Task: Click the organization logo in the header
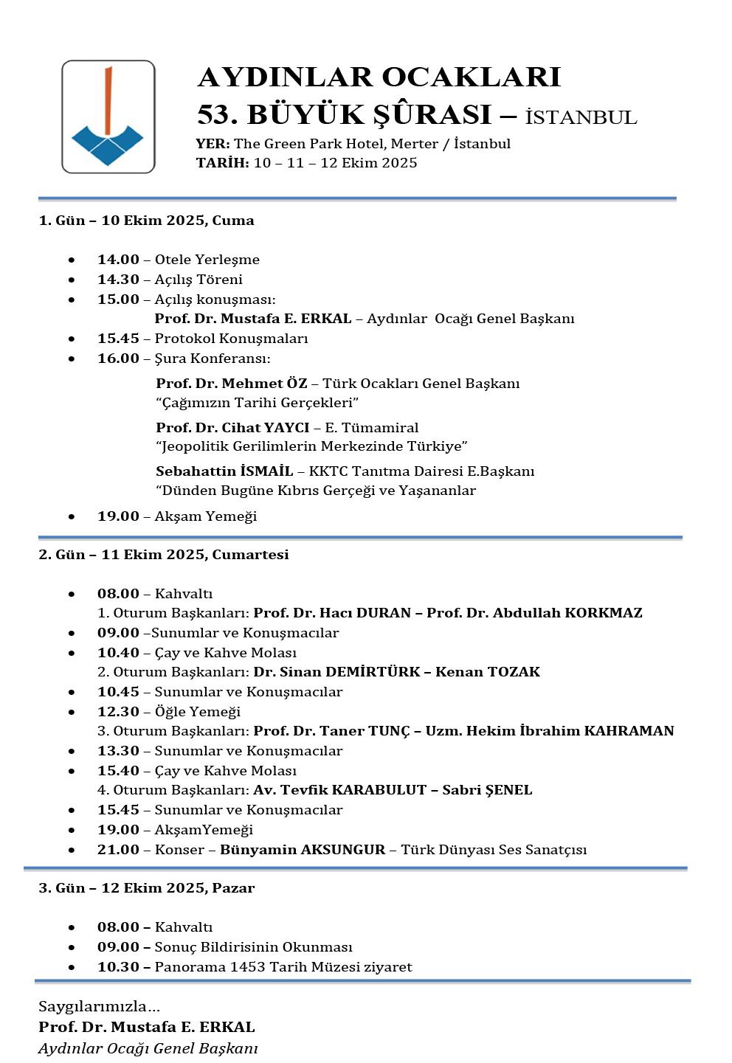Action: click(x=108, y=117)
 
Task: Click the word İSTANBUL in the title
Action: click(x=581, y=117)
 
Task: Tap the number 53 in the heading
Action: click(x=215, y=115)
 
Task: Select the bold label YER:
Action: click(x=213, y=144)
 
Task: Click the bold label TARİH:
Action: click(x=222, y=163)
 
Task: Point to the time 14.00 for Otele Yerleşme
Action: click(x=118, y=260)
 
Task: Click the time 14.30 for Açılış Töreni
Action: click(x=118, y=280)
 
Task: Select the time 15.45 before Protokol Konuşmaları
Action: click(x=118, y=339)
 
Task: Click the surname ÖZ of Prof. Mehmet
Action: click(x=296, y=384)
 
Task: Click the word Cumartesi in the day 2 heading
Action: click(x=250, y=555)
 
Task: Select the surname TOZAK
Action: click(x=513, y=672)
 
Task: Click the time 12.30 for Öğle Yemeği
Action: click(x=118, y=712)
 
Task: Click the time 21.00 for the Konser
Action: click(x=118, y=850)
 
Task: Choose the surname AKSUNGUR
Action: click(x=342, y=850)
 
